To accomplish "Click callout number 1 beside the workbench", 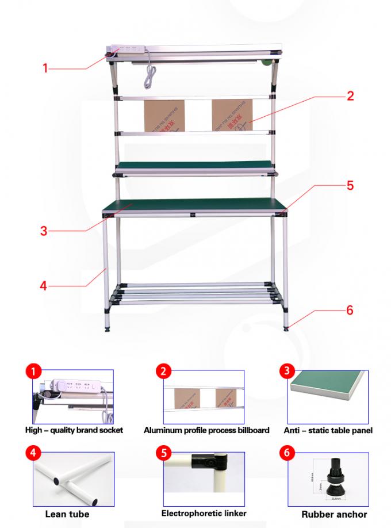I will click(x=46, y=68).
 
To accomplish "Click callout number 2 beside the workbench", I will click(x=350, y=95).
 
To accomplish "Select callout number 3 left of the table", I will click(x=44, y=231).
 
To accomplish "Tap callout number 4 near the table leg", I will click(x=44, y=285).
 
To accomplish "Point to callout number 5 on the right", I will click(x=350, y=186).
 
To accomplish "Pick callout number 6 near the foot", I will click(x=349, y=311).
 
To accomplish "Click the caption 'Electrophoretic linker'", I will click(x=204, y=513).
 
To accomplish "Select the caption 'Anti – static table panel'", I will click(x=328, y=430).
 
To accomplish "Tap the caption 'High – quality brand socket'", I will click(x=74, y=430).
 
